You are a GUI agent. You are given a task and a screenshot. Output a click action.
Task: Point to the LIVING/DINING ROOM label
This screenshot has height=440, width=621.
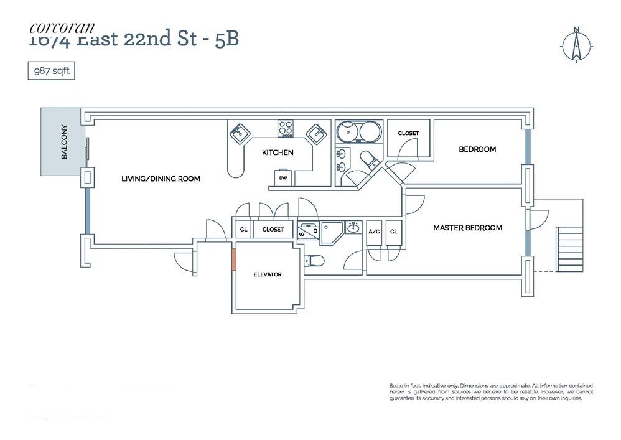point(161,179)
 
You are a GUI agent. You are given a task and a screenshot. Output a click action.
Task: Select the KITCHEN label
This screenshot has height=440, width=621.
point(277,152)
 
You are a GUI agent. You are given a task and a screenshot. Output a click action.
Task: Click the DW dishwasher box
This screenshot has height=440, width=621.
point(283,178)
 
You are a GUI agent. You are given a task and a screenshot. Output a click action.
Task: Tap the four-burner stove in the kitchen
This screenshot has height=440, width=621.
point(286,129)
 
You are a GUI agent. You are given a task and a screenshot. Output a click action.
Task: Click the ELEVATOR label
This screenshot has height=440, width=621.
point(267,274)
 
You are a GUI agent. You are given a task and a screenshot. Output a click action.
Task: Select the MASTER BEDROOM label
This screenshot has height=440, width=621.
point(467,228)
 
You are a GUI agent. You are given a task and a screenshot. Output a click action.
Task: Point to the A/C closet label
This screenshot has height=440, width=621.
point(375,232)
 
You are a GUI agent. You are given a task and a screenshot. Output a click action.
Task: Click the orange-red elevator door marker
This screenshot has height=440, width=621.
point(234,259)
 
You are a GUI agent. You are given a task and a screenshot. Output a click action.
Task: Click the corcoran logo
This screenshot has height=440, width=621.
point(62,27)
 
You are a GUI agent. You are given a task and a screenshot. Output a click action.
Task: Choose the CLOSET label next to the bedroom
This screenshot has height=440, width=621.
point(408,133)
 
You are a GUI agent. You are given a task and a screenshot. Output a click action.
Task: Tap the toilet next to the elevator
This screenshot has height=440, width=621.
point(313,260)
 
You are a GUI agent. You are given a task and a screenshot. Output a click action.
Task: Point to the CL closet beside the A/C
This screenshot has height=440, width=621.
point(393,232)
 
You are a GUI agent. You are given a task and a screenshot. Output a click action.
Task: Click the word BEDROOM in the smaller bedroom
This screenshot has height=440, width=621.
point(477,149)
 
